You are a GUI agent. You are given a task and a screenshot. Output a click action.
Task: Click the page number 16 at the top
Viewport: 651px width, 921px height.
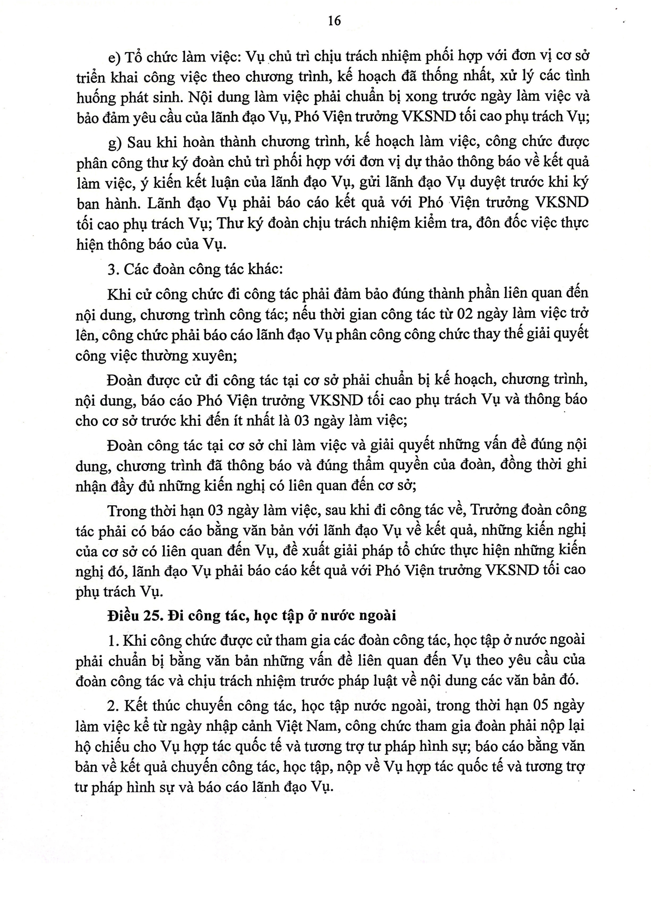[x=334, y=20]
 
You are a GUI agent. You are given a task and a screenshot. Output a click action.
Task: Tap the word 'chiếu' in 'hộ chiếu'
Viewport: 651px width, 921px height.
[x=119, y=747]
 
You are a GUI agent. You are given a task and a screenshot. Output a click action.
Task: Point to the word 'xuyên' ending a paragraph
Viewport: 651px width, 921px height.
[x=217, y=355]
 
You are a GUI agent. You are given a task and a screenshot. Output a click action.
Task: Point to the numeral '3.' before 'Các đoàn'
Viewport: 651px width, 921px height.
[x=111, y=269]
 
